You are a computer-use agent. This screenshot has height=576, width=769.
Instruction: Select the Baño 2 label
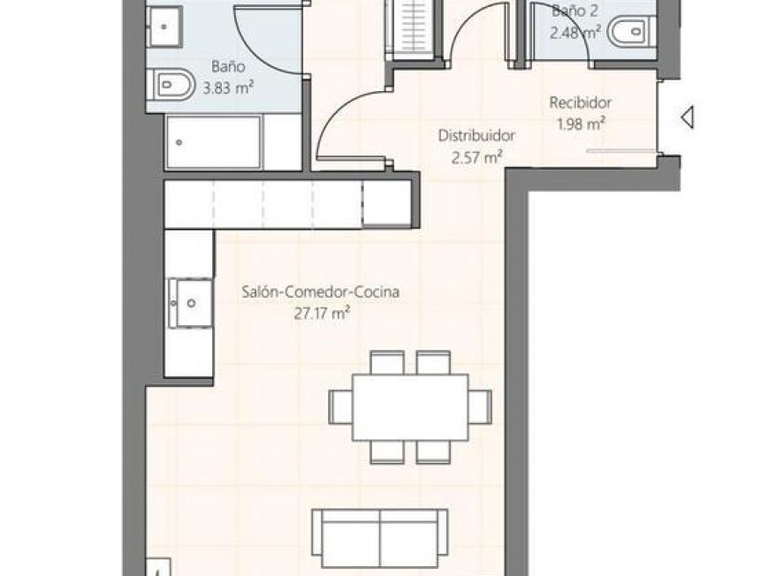pos(575,11)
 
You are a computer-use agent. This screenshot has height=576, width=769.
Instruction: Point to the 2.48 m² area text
pos(575,33)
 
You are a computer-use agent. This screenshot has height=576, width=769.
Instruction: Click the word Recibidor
pos(580,102)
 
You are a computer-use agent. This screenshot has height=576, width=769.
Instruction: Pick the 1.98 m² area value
pos(580,124)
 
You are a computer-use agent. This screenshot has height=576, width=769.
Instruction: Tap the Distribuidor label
pos(476,136)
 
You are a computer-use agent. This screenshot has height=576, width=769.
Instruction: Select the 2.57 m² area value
pos(476,157)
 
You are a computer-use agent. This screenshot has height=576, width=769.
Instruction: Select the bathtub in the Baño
pos(213,141)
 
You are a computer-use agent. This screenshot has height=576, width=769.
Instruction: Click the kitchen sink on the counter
pos(190,302)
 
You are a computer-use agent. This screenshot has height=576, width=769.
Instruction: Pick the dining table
pos(409,405)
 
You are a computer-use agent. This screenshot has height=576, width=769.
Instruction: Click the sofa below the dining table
pos(379,537)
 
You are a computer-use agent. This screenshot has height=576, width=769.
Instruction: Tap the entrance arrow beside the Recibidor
pos(687,116)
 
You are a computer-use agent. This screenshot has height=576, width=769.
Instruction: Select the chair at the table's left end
pos(339,405)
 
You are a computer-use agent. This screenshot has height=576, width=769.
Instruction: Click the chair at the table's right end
pos(479,405)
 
